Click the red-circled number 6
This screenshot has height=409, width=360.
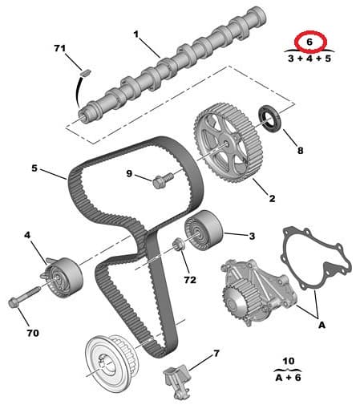coord(307,40)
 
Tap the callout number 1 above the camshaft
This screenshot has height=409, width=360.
coord(136,35)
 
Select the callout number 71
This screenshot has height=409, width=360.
coord(59,50)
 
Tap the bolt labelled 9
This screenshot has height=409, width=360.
coord(160,181)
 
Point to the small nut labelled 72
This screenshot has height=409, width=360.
coord(178,245)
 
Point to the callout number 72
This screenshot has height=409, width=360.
coord(189,281)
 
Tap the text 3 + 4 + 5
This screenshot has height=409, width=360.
coord(307,58)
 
